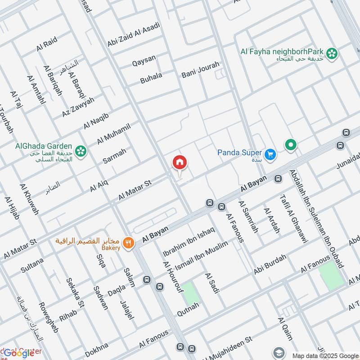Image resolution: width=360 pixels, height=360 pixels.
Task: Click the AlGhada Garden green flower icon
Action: tap(81, 151)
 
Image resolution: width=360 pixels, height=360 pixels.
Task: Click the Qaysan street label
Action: tap(144, 60)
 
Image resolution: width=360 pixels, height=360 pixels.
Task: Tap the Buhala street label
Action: tap(151, 78)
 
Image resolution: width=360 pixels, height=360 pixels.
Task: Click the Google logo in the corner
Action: tap(19, 353)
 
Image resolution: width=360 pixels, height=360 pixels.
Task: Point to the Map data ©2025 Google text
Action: tap(324, 355)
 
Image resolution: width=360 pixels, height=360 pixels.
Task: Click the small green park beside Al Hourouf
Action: tap(192, 292)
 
